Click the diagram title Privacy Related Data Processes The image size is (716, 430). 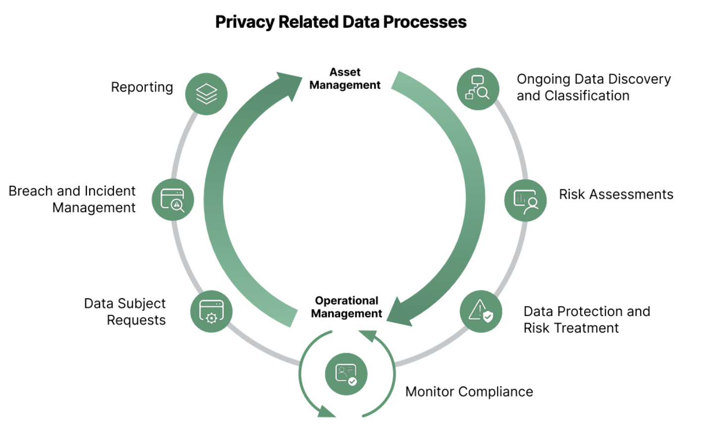(341, 22)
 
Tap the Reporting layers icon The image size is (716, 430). (206, 94)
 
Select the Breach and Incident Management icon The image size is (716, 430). (173, 200)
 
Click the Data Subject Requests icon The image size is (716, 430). (211, 311)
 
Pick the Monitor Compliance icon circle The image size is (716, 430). (346, 374)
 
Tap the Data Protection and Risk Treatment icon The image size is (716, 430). (480, 311)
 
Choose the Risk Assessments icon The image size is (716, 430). (525, 200)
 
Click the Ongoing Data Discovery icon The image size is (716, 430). (477, 89)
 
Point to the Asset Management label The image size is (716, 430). (345, 79)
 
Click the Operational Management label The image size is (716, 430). (347, 307)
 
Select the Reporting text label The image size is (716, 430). (142, 88)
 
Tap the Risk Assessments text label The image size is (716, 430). (616, 195)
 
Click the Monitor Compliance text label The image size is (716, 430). (469, 392)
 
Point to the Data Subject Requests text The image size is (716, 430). (125, 312)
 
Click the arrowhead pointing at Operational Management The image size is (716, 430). (401, 312)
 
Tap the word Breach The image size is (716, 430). (31, 191)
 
